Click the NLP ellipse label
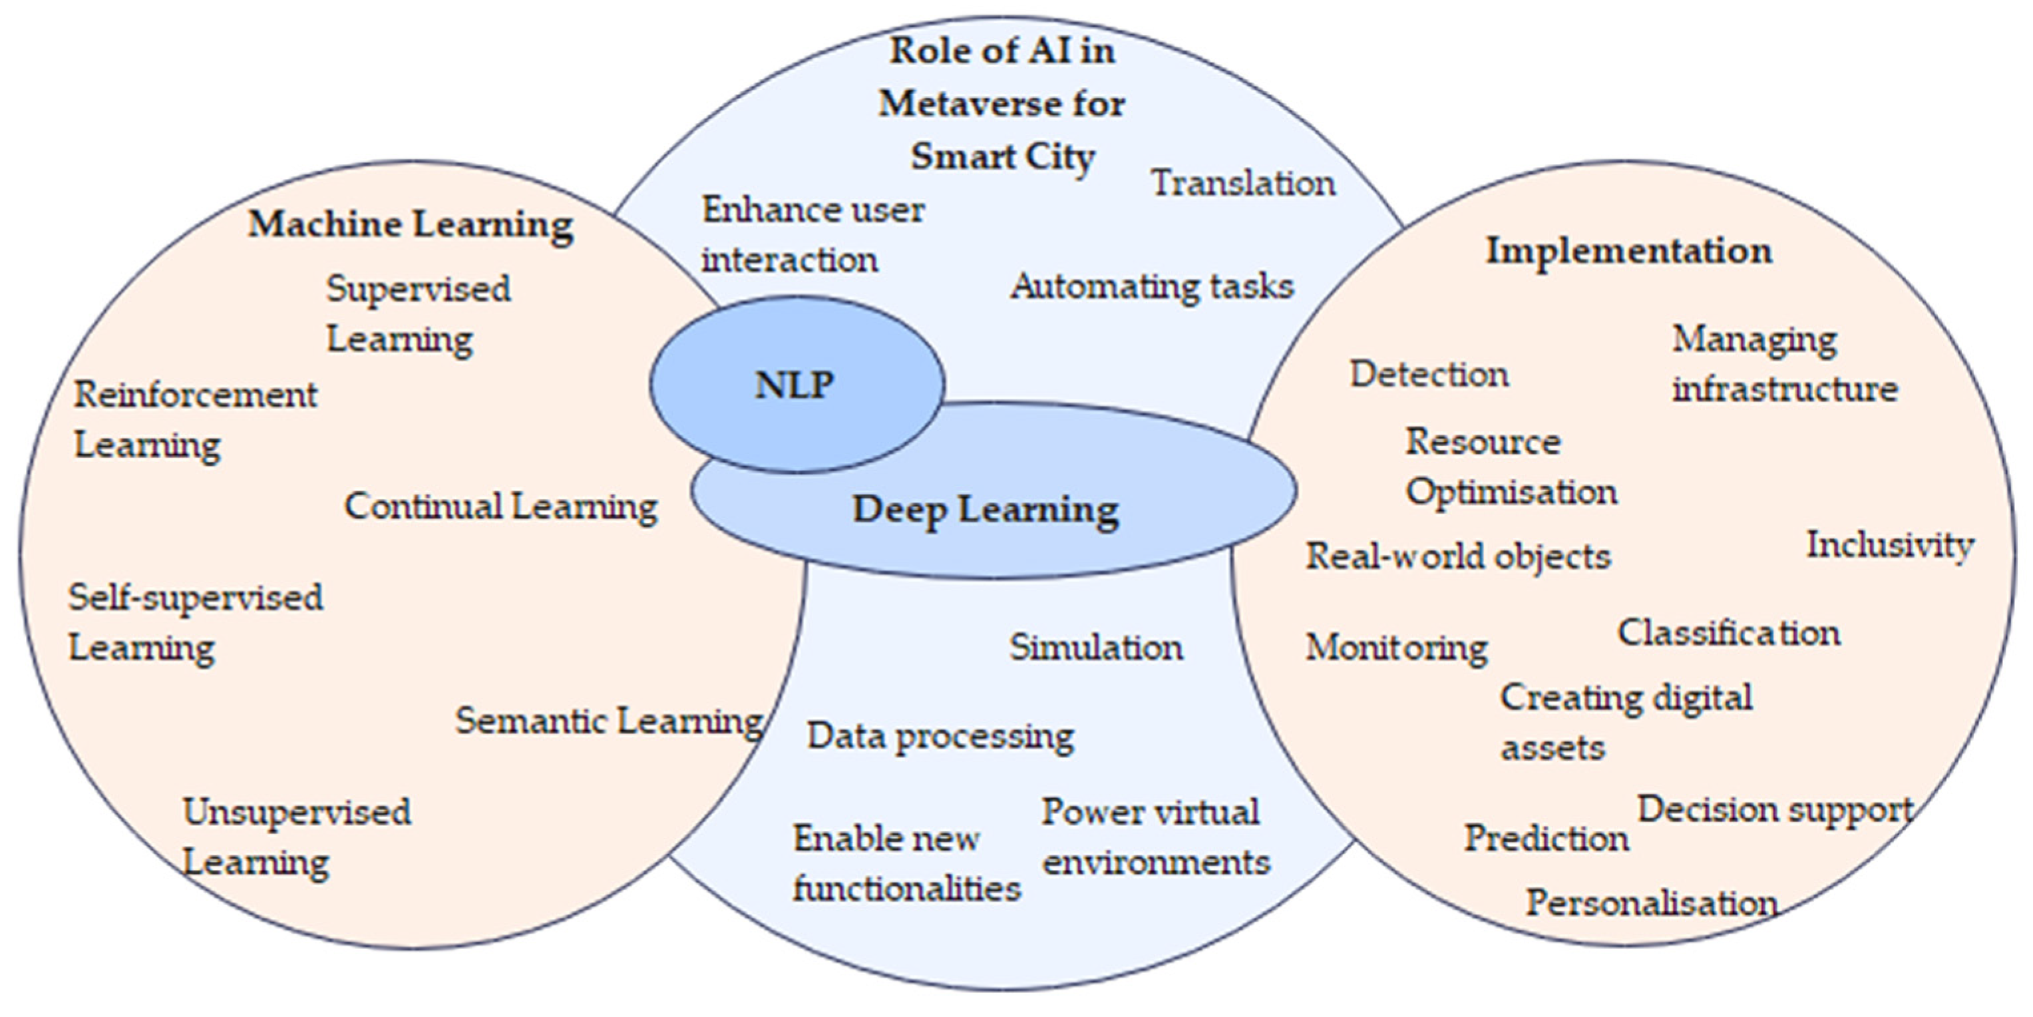(794, 385)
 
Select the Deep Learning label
(985, 509)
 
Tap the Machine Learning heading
(411, 224)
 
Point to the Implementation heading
(1629, 251)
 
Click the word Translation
(1243, 184)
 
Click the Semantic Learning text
(608, 721)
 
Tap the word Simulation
(1096, 648)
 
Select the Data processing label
(940, 737)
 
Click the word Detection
(1429, 374)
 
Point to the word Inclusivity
(1890, 545)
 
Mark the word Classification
(1729, 633)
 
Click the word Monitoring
(1396, 648)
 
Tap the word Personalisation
(1651, 903)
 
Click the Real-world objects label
(1457, 556)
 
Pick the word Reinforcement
(196, 395)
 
